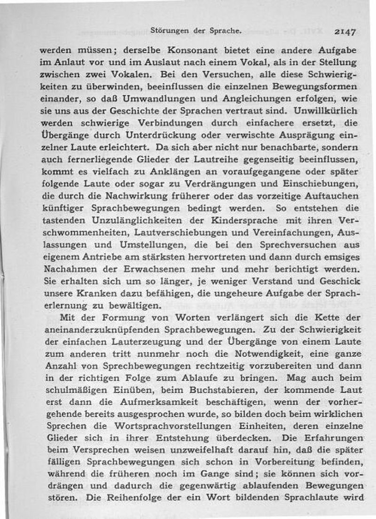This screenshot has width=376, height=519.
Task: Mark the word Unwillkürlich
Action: tap(325, 111)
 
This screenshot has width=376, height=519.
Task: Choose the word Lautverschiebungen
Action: tap(181, 233)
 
